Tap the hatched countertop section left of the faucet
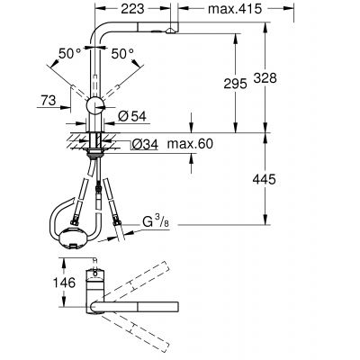[74, 138]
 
